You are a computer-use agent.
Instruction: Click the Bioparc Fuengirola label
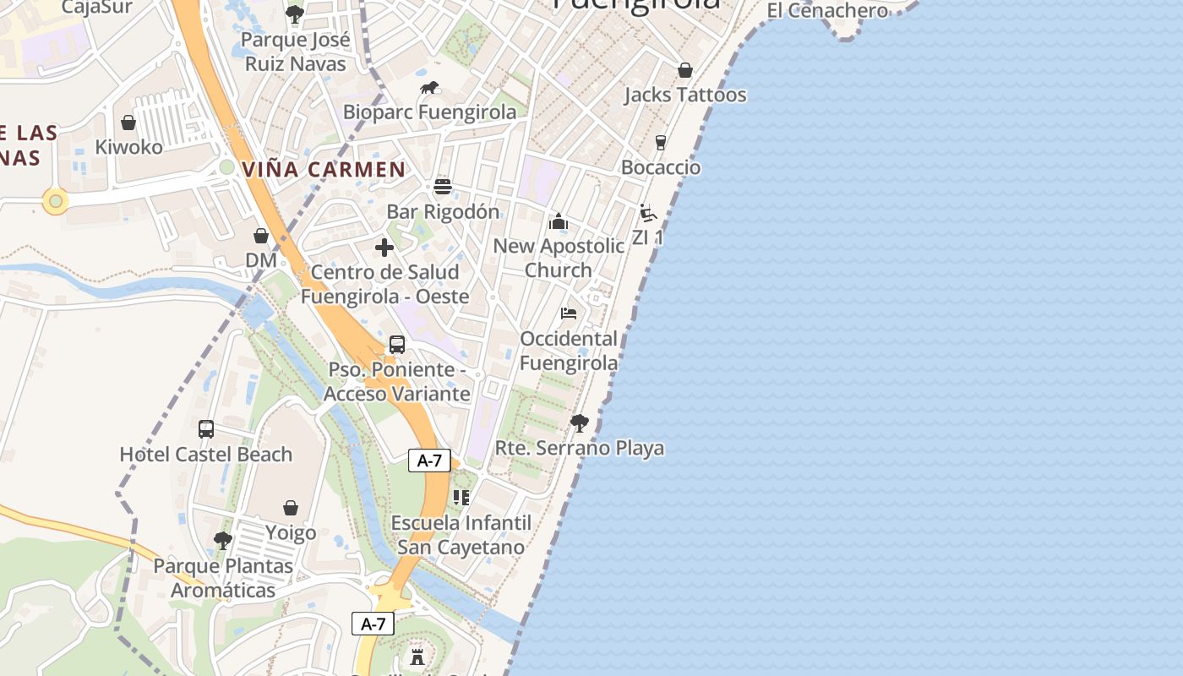coord(429,112)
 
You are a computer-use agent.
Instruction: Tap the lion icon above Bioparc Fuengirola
coord(429,88)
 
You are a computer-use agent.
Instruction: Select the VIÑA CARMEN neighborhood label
coord(324,169)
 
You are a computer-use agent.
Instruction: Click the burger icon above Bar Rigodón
coord(443,187)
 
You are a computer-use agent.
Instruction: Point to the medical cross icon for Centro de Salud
coord(384,248)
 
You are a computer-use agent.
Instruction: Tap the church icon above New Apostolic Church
coord(559,221)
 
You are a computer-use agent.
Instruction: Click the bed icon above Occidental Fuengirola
coord(569,313)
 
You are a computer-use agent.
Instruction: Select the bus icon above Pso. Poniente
coord(397,345)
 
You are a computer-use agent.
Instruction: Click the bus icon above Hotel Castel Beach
coord(206,429)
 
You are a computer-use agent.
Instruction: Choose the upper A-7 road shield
coord(430,461)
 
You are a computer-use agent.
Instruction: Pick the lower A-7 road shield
coord(373,624)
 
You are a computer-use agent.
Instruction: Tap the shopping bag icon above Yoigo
coord(291,508)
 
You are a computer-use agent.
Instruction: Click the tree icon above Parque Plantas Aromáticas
coord(223,540)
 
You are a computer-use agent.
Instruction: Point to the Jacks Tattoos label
coord(685,95)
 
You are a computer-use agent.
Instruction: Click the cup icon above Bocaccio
coord(661,143)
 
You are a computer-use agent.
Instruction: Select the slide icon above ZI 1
coord(648,213)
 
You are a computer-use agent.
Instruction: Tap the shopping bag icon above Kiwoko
coord(128,123)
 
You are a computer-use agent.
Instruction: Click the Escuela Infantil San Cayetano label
coord(461,535)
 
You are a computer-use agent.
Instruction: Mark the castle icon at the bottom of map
coord(417,657)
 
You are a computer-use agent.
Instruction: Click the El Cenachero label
coord(827,11)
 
